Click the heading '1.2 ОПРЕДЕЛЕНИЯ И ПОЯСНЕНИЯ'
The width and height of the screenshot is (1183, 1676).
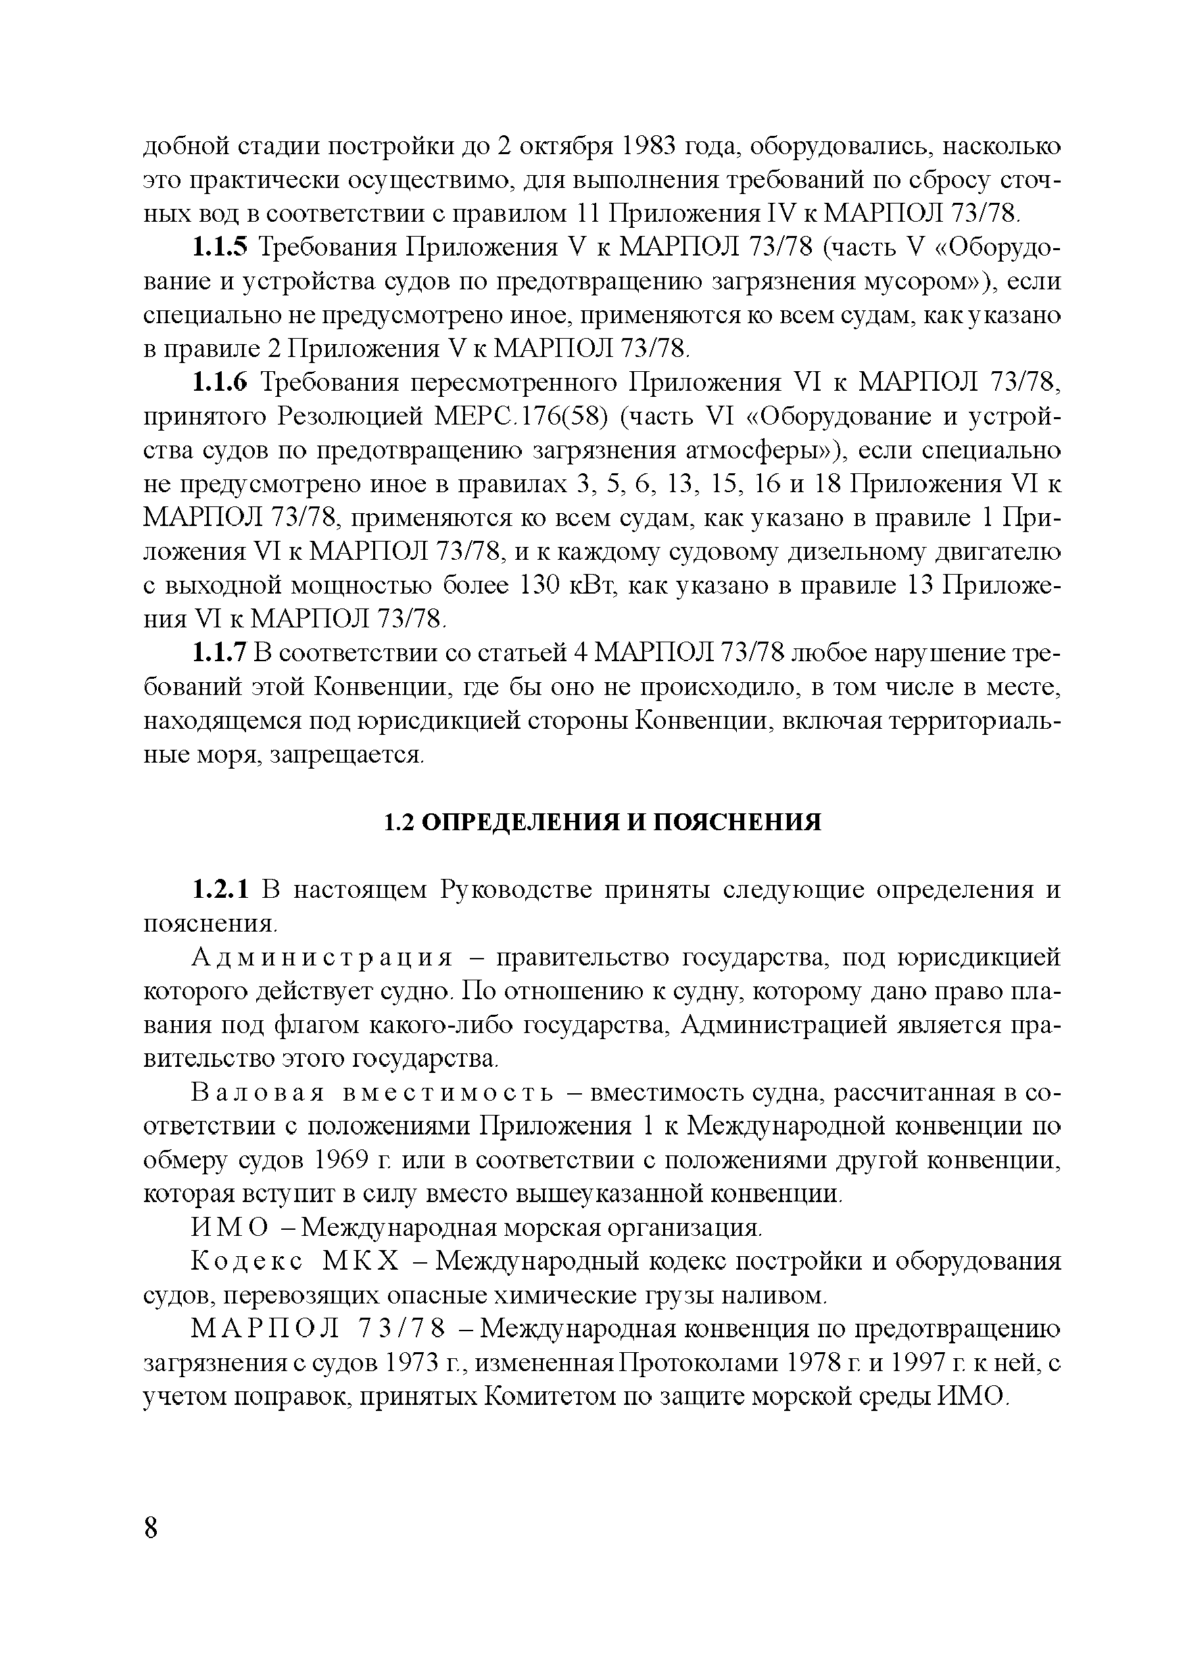(x=603, y=822)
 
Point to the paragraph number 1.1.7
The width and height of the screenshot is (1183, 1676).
(x=219, y=652)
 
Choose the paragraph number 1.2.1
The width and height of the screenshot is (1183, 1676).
(x=219, y=890)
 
